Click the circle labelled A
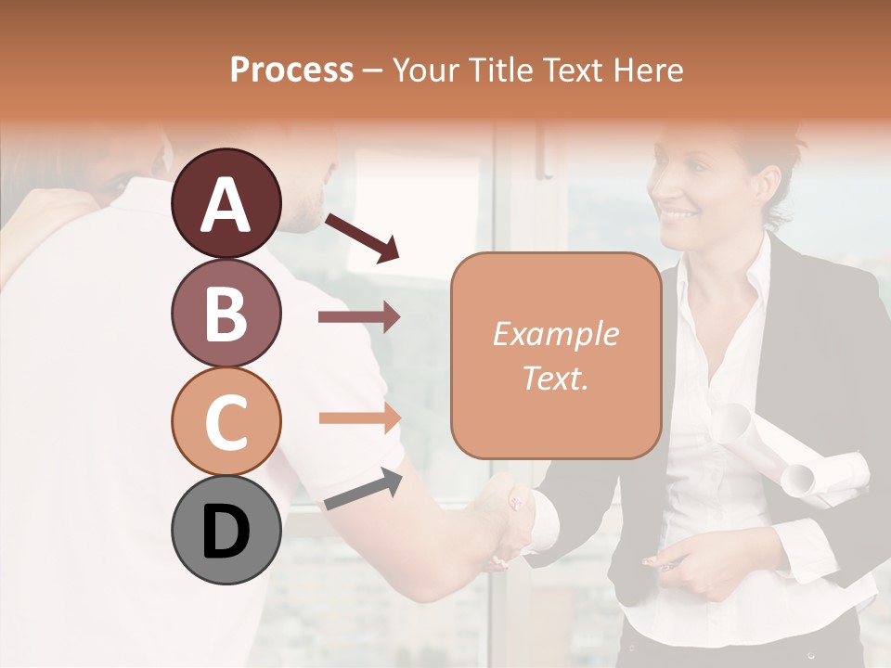[x=226, y=204]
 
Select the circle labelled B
[x=226, y=313]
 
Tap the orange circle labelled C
[x=226, y=421]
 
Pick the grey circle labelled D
[x=226, y=530]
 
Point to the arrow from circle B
[x=359, y=317]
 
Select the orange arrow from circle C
[x=359, y=417]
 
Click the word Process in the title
[x=291, y=71]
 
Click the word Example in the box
[x=555, y=335]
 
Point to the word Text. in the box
[x=555, y=379]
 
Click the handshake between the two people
[x=509, y=515]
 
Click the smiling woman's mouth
[x=679, y=215]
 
